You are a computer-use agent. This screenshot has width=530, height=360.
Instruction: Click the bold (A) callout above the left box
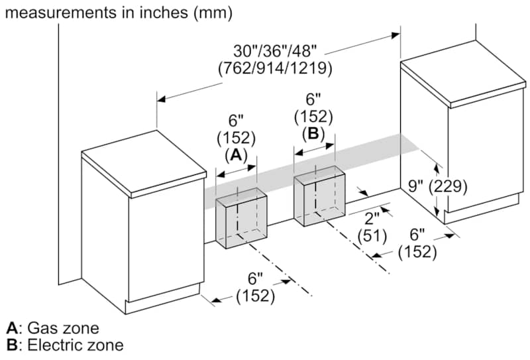[236, 154]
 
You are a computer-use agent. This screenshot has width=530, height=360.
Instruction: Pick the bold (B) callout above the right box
[313, 133]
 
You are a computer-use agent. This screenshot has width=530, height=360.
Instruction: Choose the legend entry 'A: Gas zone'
[52, 328]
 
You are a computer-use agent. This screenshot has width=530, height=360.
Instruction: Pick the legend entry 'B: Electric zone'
[64, 345]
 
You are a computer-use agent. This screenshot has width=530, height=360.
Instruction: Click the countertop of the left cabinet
[142, 170]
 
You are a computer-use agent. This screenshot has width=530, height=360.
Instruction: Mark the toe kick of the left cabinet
[162, 298]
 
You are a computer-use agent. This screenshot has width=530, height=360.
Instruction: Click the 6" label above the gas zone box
[237, 121]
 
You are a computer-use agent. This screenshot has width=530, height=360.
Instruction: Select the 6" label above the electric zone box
[313, 99]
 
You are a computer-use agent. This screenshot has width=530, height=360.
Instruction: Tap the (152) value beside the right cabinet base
[417, 252]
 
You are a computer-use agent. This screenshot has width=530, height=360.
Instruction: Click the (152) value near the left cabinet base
[255, 296]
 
